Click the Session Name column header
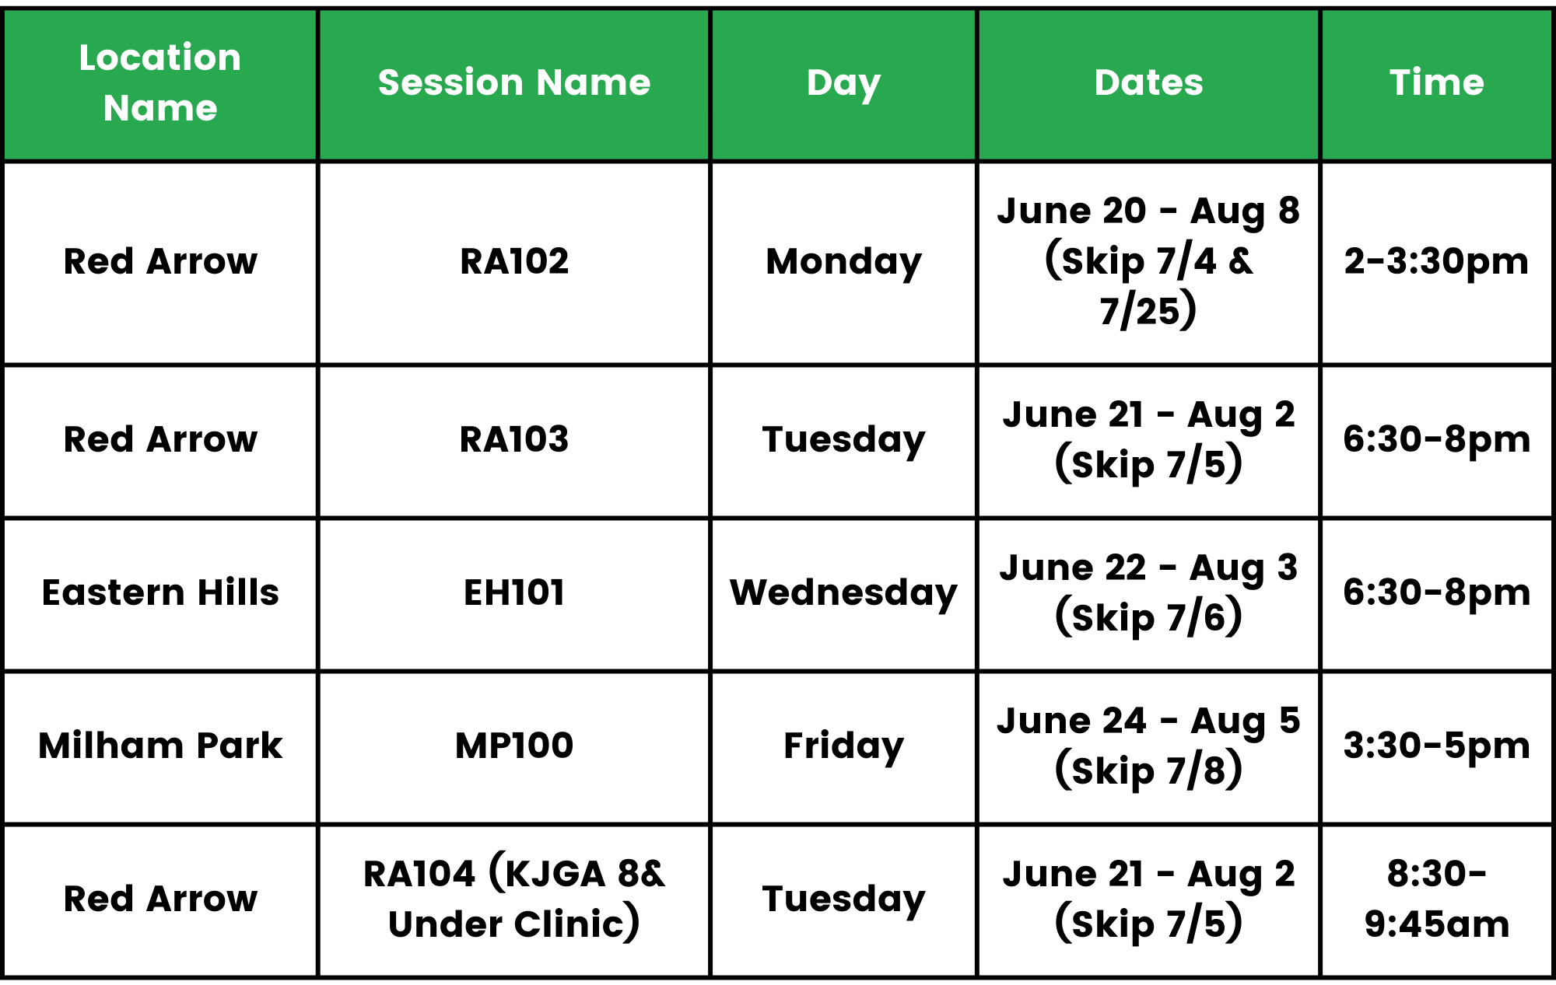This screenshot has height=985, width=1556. (514, 82)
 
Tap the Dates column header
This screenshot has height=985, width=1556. (1148, 82)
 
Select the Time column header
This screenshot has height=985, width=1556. (1437, 82)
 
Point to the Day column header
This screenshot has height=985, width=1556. (843, 84)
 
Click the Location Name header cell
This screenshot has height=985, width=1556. (160, 82)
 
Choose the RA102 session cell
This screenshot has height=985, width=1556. (514, 261)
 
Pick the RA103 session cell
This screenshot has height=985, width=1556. (514, 439)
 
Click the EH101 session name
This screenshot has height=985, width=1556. (514, 592)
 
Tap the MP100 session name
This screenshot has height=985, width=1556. (514, 746)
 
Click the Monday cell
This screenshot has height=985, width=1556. (843, 263)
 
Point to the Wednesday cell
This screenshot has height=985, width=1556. (843, 594)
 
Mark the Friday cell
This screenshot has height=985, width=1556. (843, 747)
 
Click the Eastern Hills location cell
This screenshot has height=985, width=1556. (160, 592)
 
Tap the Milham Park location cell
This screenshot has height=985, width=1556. (160, 746)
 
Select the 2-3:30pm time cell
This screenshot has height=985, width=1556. (1437, 263)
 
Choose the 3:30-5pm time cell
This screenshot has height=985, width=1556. (1437, 747)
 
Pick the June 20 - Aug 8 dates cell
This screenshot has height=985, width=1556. (1148, 262)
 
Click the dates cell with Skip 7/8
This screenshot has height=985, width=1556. (1148, 746)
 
